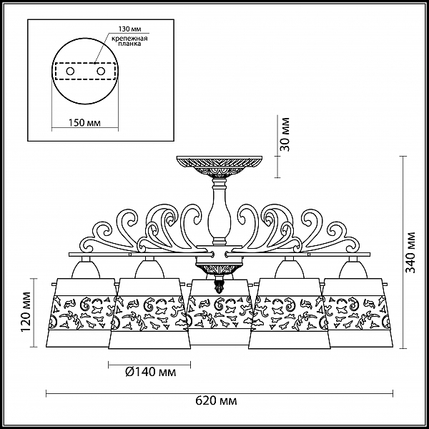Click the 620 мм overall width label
tap(216, 401)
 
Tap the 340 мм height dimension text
tap(410, 252)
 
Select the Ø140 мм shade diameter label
tap(151, 372)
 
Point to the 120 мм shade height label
tap(26, 312)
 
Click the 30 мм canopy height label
tap(285, 134)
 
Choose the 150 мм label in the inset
tap(84, 122)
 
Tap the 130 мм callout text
tap(128, 29)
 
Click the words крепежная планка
tap(129, 41)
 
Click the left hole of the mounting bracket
tap(70, 71)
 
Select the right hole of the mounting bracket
tap(101, 71)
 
